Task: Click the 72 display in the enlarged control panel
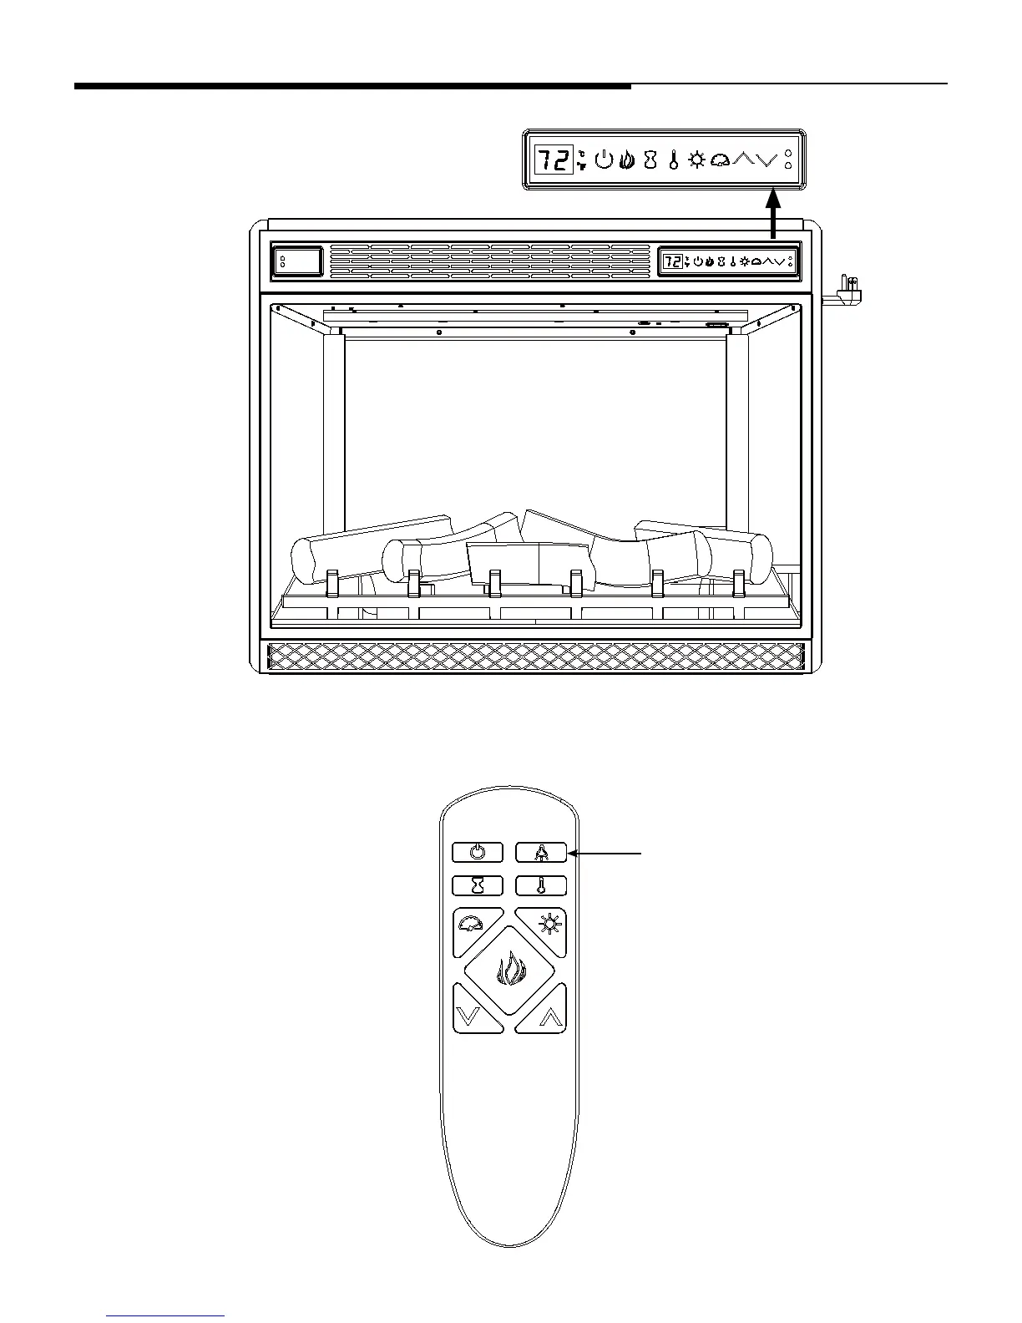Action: coord(554,160)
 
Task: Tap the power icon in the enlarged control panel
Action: coord(605,160)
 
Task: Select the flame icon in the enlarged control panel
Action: coord(627,160)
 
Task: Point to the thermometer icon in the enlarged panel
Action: coord(673,160)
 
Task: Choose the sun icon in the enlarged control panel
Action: coord(696,160)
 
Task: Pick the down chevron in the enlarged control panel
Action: coord(766,159)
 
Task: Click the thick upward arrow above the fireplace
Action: coord(774,215)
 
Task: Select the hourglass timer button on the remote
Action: coord(478,885)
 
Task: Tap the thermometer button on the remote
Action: coord(541,885)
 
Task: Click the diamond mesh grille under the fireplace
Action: coord(534,656)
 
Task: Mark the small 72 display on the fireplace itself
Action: coord(672,262)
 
